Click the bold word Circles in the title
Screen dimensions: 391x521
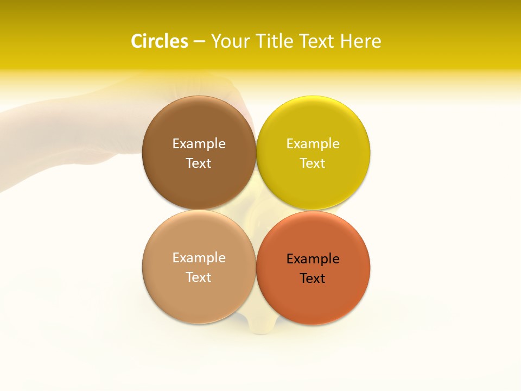[x=160, y=41]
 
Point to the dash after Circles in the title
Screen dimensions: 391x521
[x=199, y=42]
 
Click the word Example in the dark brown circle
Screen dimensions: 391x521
[x=199, y=143]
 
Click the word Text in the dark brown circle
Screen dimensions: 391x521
[x=199, y=163]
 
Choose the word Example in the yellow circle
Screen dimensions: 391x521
[x=313, y=143]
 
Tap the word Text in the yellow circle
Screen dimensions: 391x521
[x=313, y=163]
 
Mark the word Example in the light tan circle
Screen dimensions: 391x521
[x=199, y=257]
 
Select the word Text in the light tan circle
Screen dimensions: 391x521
[x=199, y=277]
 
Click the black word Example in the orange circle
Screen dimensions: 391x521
[x=313, y=258]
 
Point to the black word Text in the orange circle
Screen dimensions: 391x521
[x=313, y=278]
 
